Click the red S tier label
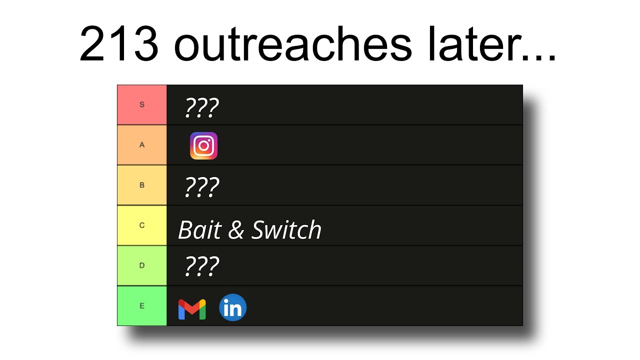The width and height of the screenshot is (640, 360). [142, 105]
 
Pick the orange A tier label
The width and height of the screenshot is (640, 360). [142, 145]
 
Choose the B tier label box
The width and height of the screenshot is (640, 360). [142, 185]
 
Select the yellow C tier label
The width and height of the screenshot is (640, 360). [142, 225]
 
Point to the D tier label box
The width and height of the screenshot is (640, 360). [142, 265]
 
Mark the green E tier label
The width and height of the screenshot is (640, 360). [142, 305]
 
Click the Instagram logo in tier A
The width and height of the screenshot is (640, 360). [203, 145]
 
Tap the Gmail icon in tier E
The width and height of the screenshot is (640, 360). [192, 309]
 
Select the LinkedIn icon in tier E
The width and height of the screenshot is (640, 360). [233, 307]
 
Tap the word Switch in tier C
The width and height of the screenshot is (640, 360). [286, 230]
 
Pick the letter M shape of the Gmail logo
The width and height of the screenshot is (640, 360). [192, 309]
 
